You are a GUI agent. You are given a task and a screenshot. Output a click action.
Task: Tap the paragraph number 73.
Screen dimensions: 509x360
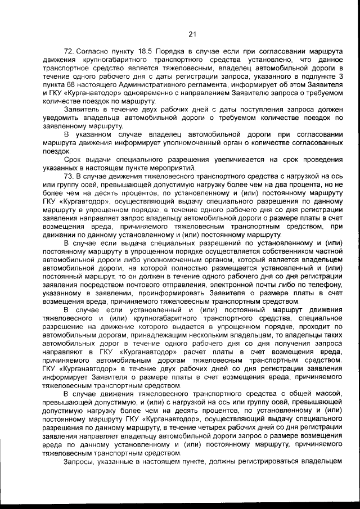71,175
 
